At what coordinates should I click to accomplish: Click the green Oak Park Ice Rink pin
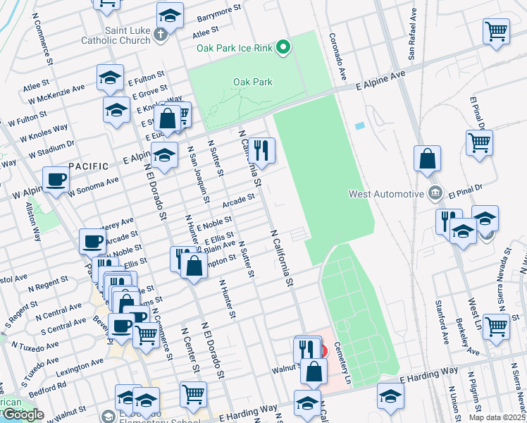click(x=283, y=48)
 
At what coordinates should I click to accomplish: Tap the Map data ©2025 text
click(x=497, y=417)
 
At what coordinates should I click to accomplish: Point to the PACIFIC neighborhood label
click(x=89, y=166)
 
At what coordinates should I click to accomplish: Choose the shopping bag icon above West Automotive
click(x=428, y=159)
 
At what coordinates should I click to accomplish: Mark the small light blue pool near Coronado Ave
click(x=360, y=125)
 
